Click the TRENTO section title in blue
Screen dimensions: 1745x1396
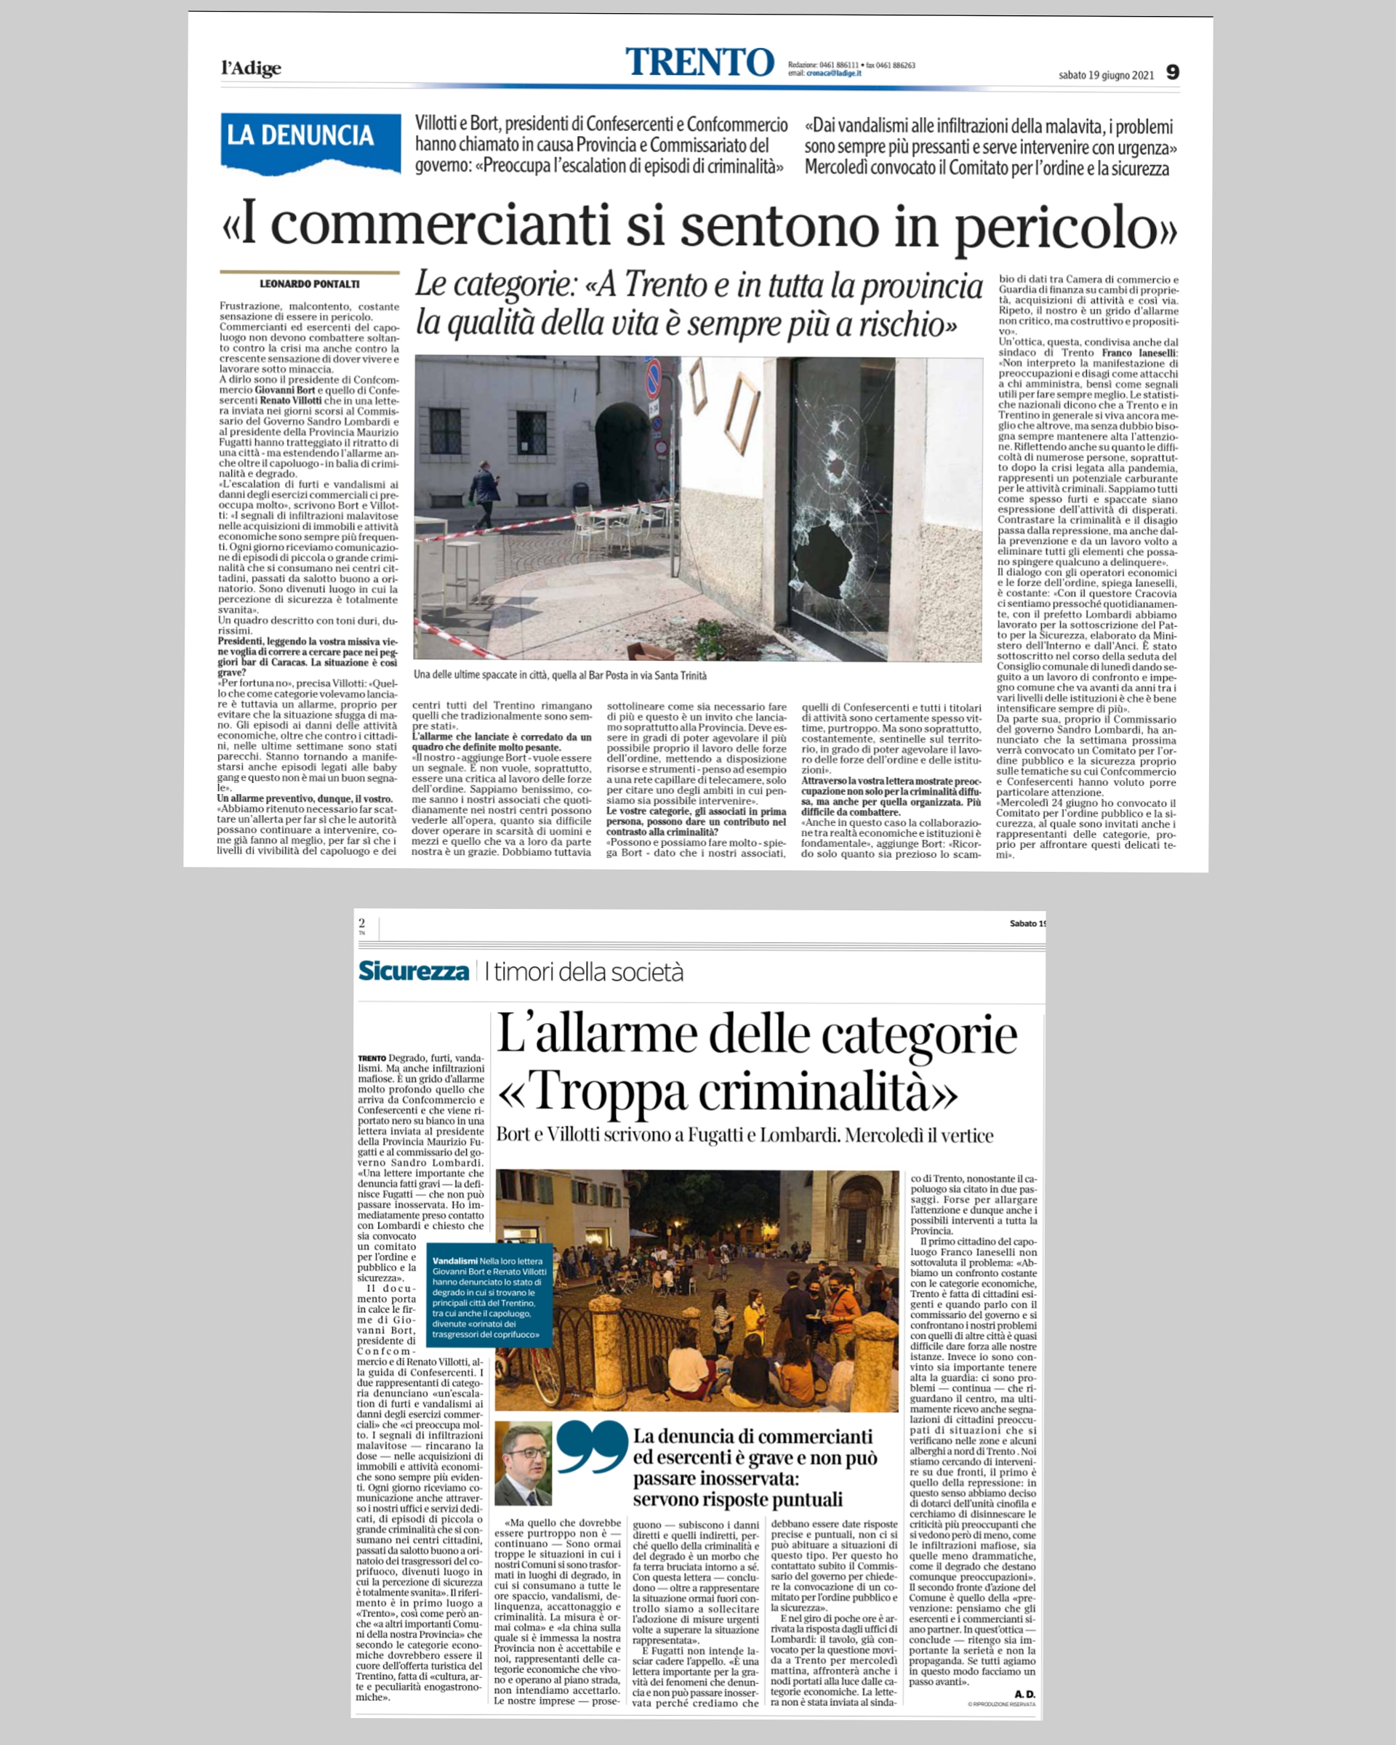pyautogui.click(x=699, y=63)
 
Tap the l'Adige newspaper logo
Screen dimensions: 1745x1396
pyautogui.click(x=251, y=68)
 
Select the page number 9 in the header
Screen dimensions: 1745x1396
pyautogui.click(x=1172, y=72)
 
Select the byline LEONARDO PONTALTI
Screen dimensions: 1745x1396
pyautogui.click(x=309, y=284)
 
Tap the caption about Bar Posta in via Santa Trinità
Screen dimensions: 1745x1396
pyautogui.click(x=559, y=675)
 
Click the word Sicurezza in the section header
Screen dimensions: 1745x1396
pyautogui.click(x=414, y=971)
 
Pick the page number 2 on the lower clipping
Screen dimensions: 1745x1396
pyautogui.click(x=362, y=923)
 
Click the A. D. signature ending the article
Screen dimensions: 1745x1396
pyautogui.click(x=1024, y=1694)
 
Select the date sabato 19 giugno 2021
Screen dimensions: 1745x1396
pyautogui.click(x=1105, y=76)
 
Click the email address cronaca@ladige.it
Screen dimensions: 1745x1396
pyautogui.click(x=833, y=73)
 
